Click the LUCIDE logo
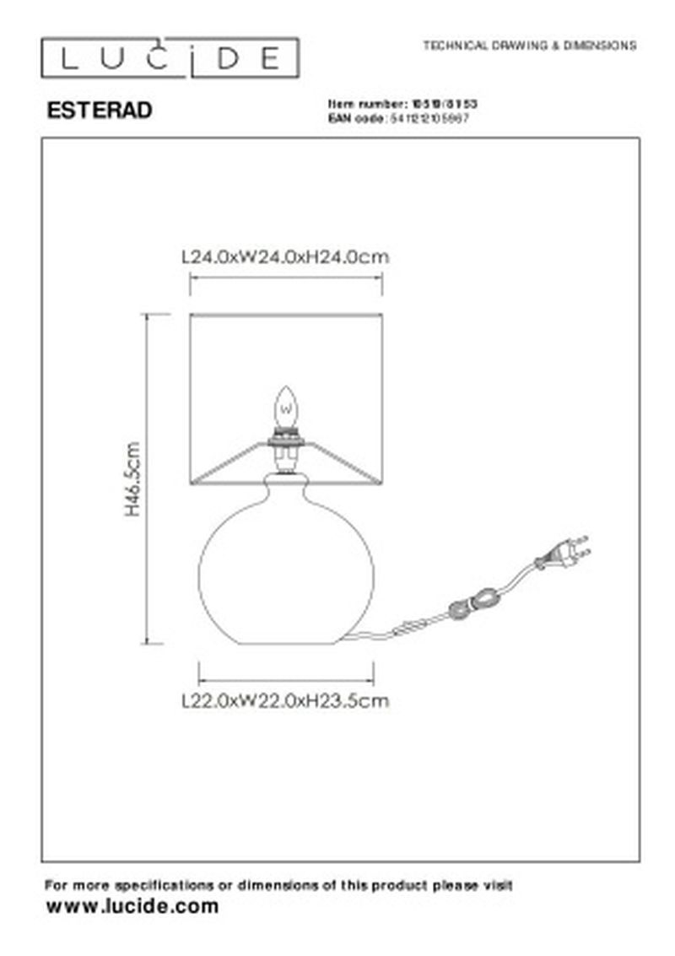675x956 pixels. pos(170,57)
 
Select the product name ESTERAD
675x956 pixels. pos(99,111)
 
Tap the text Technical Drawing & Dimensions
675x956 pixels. pos(529,46)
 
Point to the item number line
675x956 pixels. pos(402,103)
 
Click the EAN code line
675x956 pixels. pos(397,119)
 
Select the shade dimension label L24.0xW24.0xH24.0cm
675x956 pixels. pos(285,257)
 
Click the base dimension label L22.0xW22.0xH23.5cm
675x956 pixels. pos(285,699)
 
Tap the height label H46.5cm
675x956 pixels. pos(132,478)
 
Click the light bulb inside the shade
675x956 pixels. pos(287,408)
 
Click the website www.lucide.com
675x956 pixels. pos(132,907)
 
